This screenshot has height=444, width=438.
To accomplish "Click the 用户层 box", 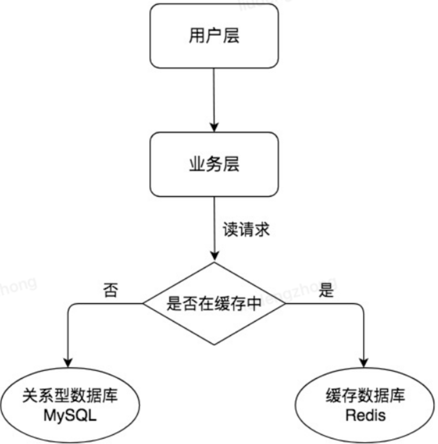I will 214,36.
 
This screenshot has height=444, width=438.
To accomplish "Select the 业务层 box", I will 214,164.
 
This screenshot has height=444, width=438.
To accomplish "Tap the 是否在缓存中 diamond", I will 214,304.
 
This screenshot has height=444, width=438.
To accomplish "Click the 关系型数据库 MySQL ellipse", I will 69,405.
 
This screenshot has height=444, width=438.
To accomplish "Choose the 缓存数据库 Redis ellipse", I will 365,405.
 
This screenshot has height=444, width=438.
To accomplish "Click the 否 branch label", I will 111,292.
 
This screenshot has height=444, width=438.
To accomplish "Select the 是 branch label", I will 325,291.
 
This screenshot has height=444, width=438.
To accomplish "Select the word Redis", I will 365,415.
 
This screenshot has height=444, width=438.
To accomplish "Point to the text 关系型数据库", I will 69,396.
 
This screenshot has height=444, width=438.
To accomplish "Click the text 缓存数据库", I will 365,396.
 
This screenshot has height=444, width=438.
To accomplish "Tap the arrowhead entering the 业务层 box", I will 214,127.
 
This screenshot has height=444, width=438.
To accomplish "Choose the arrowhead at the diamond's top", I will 214,256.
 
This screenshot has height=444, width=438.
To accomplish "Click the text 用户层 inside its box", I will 214,36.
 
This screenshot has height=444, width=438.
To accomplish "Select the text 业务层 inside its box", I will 214,164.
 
